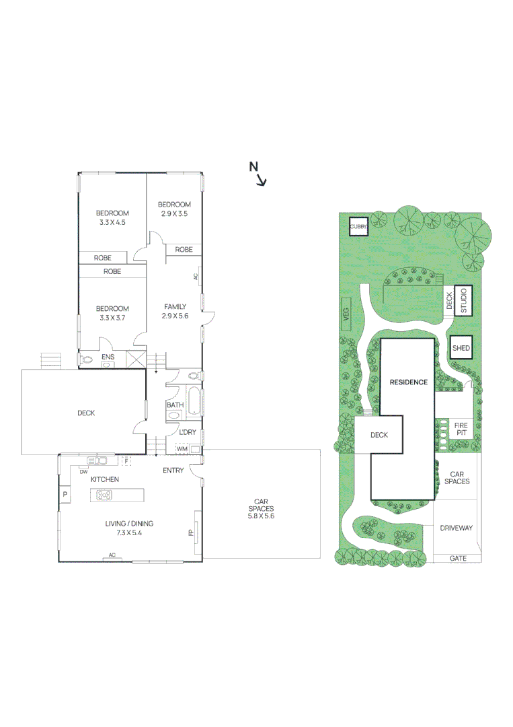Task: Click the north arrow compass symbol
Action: point(258,173)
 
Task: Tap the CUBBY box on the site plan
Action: point(358,228)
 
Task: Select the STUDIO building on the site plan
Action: point(463,301)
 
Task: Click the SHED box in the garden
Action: point(461,347)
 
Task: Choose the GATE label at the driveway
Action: point(458,558)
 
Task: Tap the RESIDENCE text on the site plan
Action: point(408,382)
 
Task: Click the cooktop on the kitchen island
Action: point(105,495)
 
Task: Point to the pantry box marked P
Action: point(65,494)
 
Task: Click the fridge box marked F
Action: point(126,460)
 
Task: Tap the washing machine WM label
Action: point(182,448)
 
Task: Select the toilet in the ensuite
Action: point(85,360)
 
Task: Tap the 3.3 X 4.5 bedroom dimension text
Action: point(112,222)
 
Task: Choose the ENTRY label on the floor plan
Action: point(173,471)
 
